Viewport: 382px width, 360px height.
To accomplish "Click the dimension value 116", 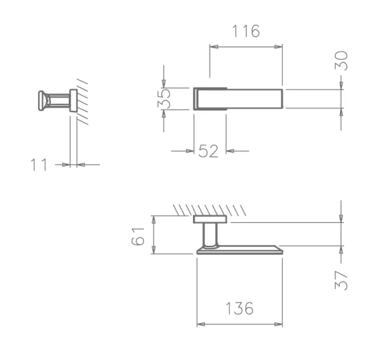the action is [246, 31].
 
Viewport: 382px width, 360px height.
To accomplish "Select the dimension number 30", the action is [341, 61].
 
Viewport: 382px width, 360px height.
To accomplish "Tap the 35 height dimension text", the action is [164, 98].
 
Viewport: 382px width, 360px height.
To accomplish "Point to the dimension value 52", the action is [208, 151].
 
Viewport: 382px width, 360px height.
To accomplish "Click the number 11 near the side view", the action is [39, 165].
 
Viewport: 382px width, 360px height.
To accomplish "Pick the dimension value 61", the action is [138, 236].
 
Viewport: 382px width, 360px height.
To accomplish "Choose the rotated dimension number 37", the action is [341, 280].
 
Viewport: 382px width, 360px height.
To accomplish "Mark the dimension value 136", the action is [240, 308].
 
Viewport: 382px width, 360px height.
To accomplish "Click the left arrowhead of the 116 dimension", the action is [214, 47].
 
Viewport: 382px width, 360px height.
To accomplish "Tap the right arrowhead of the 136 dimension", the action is [278, 324].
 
